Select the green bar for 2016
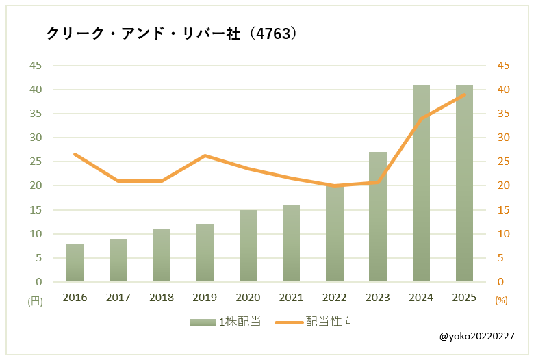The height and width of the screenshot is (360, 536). pos(75,263)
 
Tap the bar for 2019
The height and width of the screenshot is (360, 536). pos(205,253)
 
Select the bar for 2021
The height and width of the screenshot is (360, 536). pos(291,244)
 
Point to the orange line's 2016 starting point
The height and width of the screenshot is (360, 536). pos(75,154)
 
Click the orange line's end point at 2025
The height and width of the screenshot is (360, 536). pos(464,94)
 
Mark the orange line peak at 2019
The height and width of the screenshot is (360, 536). pos(205,155)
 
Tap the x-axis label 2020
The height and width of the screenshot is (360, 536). pos(248,298)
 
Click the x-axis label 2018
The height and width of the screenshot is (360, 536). pos(162,298)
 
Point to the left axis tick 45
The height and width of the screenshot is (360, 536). pos(35,66)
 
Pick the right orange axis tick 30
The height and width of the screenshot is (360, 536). pos(503,138)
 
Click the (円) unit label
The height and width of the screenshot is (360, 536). pos(35,300)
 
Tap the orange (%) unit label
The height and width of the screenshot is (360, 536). pos(501,300)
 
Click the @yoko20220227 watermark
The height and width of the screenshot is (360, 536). pos(476,337)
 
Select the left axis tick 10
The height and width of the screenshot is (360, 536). pos(35,234)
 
